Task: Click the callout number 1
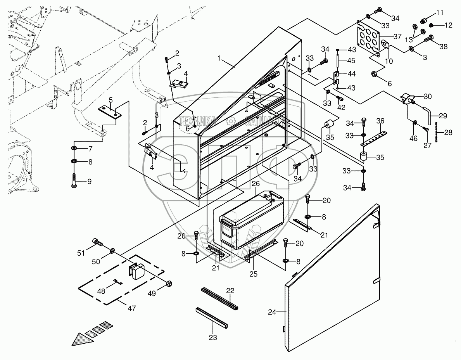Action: pos(219,59)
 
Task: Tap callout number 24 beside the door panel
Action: pos(272,312)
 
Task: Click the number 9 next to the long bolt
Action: pos(89,181)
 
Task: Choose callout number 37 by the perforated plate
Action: pos(397,37)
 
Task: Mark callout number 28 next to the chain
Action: pos(448,133)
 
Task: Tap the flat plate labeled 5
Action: pos(110,112)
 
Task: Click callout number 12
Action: pos(448,26)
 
